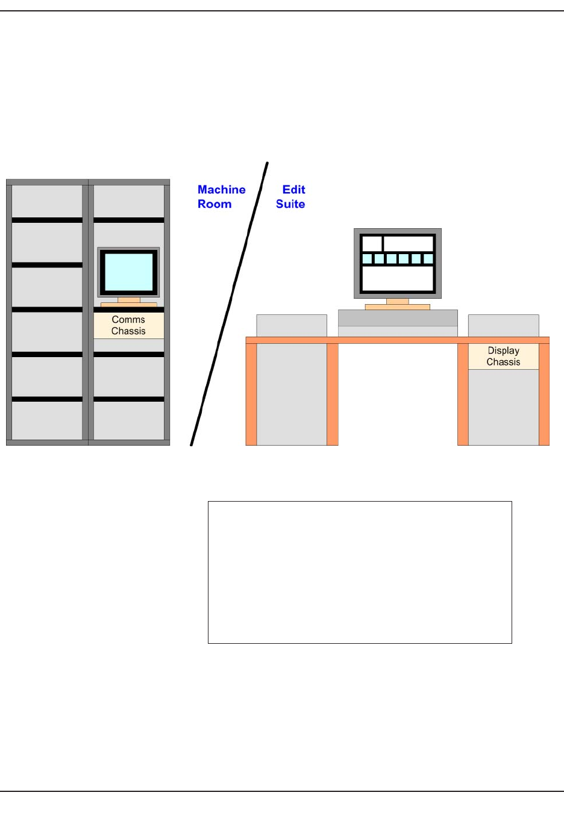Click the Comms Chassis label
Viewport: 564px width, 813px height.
pyautogui.click(x=128, y=325)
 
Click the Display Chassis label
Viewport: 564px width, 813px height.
pyautogui.click(x=503, y=356)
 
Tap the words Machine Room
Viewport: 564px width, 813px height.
pyautogui.click(x=221, y=197)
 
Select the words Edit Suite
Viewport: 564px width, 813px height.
pyautogui.click(x=291, y=197)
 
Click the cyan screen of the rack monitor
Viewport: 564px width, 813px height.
pyautogui.click(x=128, y=272)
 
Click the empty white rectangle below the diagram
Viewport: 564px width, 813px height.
pyautogui.click(x=360, y=572)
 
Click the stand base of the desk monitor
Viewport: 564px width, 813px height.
pyautogui.click(x=398, y=307)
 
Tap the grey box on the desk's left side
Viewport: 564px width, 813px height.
pyautogui.click(x=292, y=326)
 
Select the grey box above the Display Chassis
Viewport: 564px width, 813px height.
pyautogui.click(x=503, y=326)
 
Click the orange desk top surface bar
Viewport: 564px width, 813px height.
pyautogui.click(x=398, y=340)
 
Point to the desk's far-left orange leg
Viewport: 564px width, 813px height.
pyautogui.click(x=251, y=394)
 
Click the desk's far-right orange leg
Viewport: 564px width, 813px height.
pyautogui.click(x=544, y=394)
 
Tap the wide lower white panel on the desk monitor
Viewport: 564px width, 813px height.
pyautogui.click(x=398, y=279)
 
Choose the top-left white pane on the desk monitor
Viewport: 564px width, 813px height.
pyautogui.click(x=372, y=244)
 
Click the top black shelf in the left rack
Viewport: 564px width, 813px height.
pyautogui.click(x=47, y=220)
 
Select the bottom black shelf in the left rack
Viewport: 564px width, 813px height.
pyautogui.click(x=47, y=399)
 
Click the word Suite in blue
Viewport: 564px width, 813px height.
pyautogui.click(x=290, y=204)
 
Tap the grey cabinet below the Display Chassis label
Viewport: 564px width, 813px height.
pyautogui.click(x=503, y=406)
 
